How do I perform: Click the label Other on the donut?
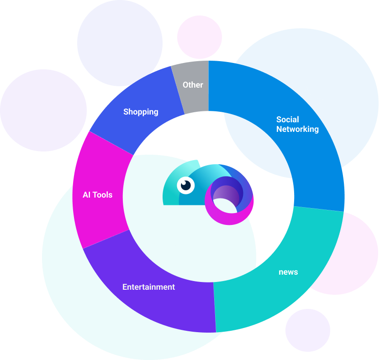tap(193, 85)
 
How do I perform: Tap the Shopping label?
tap(141, 112)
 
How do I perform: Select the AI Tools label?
tap(97, 195)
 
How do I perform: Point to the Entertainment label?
tap(148, 287)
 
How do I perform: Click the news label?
tap(288, 272)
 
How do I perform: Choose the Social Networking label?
tap(297, 124)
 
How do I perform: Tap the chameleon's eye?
tap(186, 185)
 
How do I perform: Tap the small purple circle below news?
tap(307, 330)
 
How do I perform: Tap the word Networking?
tap(297, 129)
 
